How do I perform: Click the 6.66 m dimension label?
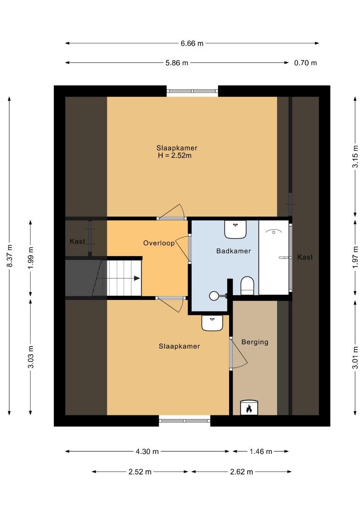tap(192, 43)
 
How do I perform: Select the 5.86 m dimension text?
tap(177, 63)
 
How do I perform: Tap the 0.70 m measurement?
tap(305, 63)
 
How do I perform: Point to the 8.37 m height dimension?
tap(10, 256)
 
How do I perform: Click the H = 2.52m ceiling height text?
tap(175, 155)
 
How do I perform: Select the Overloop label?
tap(159, 243)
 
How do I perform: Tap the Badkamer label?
tap(234, 251)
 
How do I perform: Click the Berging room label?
tap(255, 342)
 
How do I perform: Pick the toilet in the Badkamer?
tap(248, 286)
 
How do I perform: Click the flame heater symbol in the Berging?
tap(249, 408)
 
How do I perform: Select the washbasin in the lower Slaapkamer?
tap(212, 323)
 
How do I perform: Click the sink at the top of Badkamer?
tap(235, 229)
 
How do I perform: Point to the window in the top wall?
tap(193, 91)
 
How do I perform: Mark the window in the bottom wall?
tap(185, 421)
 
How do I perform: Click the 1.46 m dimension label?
tap(261, 452)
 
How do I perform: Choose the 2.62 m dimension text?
tap(241, 472)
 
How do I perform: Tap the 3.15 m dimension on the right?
tap(355, 156)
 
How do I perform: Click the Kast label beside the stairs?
tap(77, 241)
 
